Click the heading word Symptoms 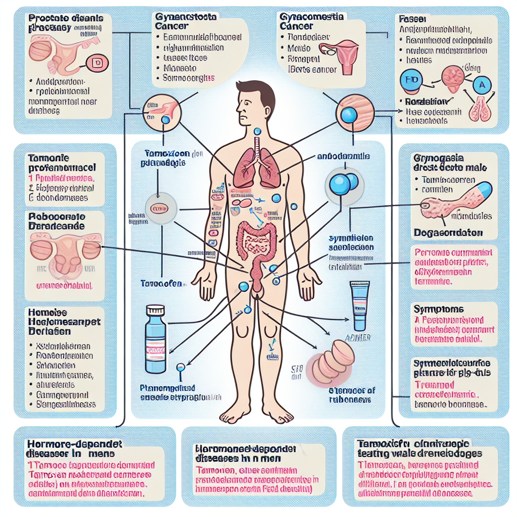(431, 309)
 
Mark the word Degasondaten (448, 233)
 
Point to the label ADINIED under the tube (359, 337)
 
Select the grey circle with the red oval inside (159, 208)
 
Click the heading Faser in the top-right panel (409, 18)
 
